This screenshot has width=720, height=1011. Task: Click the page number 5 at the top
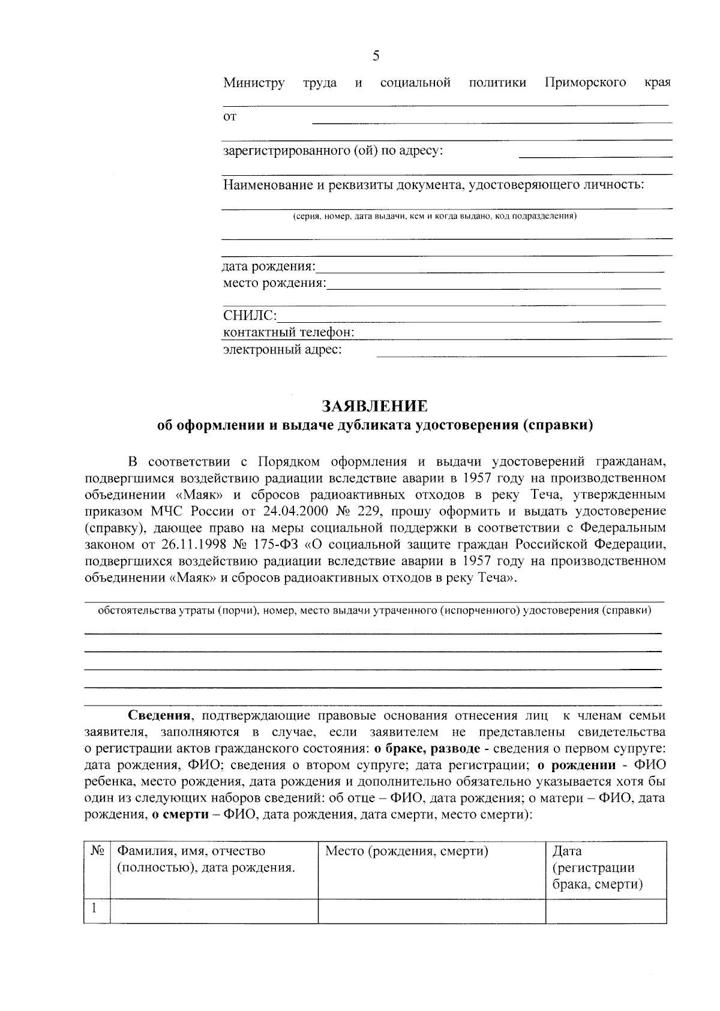pyautogui.click(x=376, y=56)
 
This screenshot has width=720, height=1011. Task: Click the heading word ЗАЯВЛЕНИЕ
pyautogui.click(x=375, y=406)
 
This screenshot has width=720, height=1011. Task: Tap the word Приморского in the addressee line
pyautogui.click(x=586, y=82)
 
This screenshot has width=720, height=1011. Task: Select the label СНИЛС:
pyautogui.click(x=250, y=316)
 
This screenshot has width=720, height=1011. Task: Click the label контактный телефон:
pyautogui.click(x=289, y=332)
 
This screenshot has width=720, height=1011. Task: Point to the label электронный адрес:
pyautogui.click(x=282, y=349)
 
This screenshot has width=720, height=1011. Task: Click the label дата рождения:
pyautogui.click(x=269, y=266)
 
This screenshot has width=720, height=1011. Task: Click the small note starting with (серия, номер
pyautogui.click(x=434, y=216)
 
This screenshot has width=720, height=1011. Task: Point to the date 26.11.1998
pyautogui.click(x=191, y=545)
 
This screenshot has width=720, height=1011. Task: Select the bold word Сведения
pyautogui.click(x=159, y=715)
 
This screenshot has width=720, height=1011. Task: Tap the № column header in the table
pyautogui.click(x=97, y=851)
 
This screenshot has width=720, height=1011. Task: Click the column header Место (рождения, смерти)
pyautogui.click(x=406, y=851)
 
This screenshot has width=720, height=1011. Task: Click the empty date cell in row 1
pyautogui.click(x=605, y=910)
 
